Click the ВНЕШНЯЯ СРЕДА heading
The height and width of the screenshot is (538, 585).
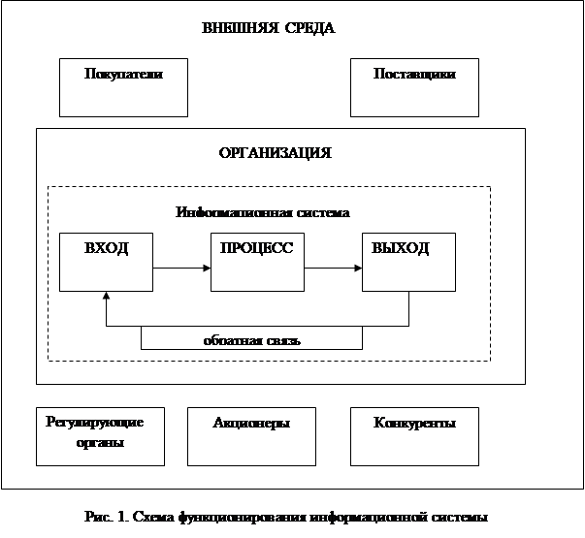[268, 28]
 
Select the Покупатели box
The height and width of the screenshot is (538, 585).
[122, 87]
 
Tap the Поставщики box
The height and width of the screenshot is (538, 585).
[414, 87]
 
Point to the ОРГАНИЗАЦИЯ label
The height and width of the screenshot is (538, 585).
[276, 153]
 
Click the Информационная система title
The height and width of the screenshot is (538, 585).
[263, 212]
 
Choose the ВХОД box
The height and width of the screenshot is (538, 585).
[106, 261]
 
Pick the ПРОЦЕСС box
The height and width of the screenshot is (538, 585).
[257, 261]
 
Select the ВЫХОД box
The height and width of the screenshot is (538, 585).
[408, 261]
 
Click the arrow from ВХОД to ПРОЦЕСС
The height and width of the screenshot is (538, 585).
[181, 268]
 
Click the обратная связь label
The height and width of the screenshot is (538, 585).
[252, 340]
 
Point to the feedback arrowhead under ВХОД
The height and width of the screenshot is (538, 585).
[106, 296]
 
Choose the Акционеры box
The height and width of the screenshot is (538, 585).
[251, 435]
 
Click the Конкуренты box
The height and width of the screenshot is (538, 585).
[414, 435]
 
